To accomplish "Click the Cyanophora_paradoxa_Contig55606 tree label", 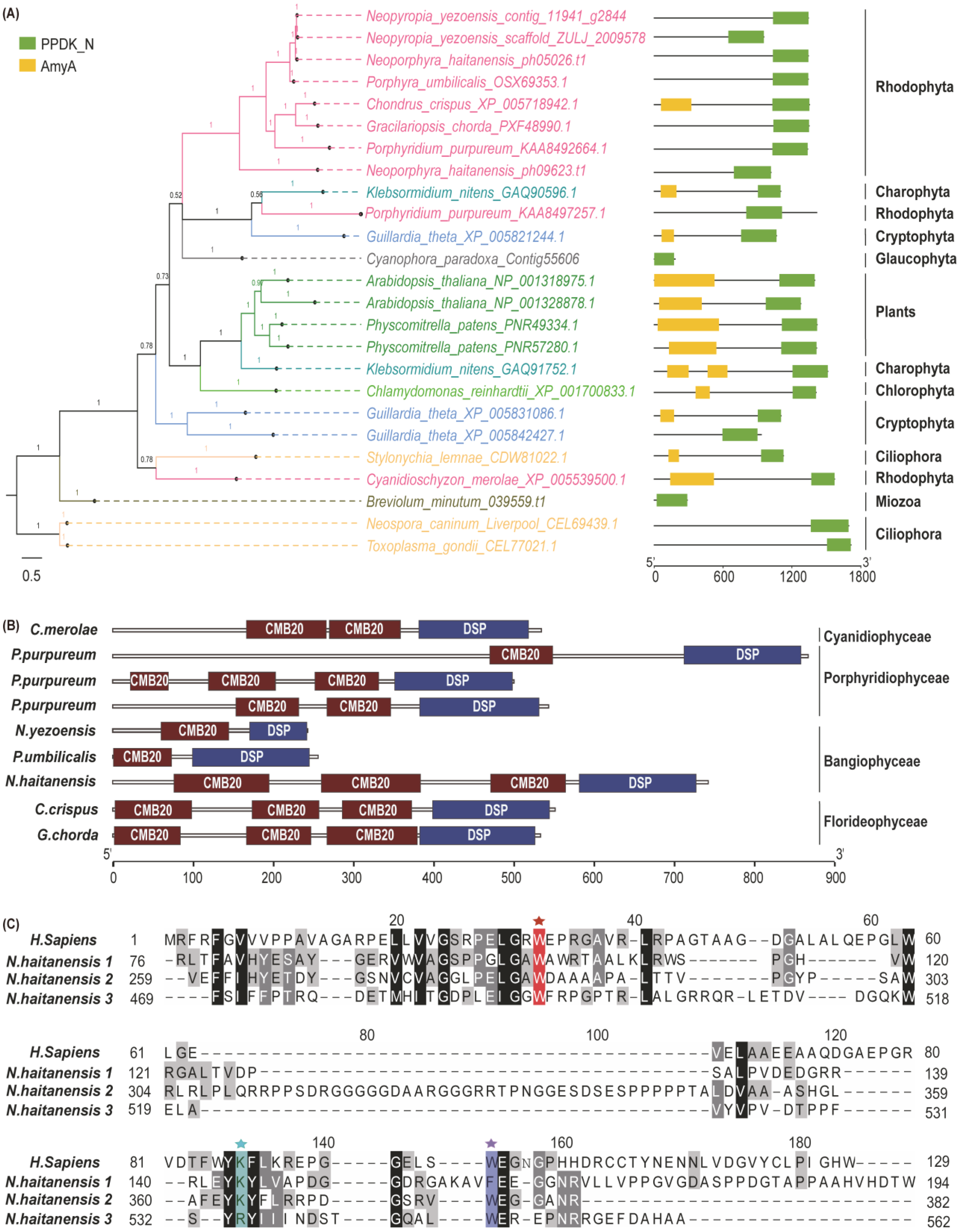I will (472, 259).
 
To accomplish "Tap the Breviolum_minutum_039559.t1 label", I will (455, 502).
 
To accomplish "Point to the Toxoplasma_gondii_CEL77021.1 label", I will (461, 546).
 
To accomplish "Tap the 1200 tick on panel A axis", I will (793, 577).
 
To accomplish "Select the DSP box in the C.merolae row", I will (474, 629).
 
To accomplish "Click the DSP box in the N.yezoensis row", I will (278, 731).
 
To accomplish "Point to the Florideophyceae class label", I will (875, 822).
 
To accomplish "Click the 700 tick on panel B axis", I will (673, 878).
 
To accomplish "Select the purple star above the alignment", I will (491, 1143).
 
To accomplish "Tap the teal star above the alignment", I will (241, 1143).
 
